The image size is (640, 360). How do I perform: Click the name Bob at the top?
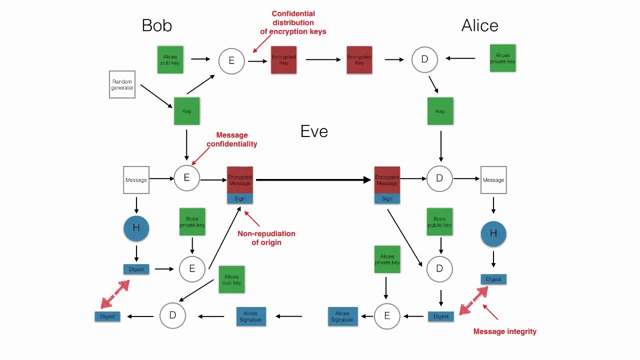tap(156, 25)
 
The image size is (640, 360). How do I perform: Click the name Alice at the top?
tap(479, 25)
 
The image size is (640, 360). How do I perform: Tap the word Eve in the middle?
tap(314, 131)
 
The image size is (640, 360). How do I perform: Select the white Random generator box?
tap(122, 84)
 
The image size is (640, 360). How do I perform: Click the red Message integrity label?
tap(504, 331)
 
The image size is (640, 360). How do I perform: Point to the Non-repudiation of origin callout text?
tap(266, 238)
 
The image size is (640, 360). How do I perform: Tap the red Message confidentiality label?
tap(231, 139)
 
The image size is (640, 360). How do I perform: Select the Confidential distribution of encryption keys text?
tap(293, 23)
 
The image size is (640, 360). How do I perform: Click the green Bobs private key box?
tap(192, 222)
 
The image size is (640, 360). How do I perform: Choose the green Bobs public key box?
tap(439, 222)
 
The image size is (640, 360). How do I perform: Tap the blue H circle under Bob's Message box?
tap(136, 228)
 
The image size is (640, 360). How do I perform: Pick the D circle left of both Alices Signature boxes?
tap(172, 315)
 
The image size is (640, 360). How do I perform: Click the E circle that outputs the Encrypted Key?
tap(231, 60)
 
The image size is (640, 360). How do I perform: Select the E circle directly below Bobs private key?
tap(192, 269)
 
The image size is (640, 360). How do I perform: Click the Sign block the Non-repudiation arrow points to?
tap(240, 198)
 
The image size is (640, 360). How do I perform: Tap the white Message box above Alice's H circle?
tap(493, 180)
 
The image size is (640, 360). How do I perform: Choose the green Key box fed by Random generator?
tap(186, 111)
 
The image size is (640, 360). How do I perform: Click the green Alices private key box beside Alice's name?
tap(502, 58)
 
